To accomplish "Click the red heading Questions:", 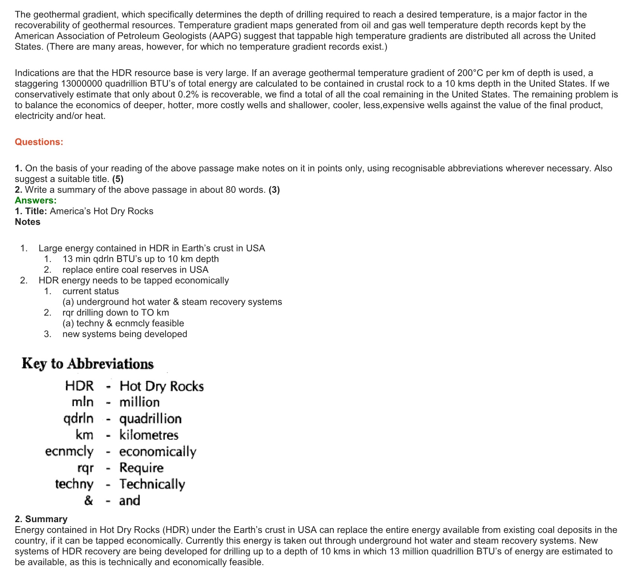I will (x=39, y=142).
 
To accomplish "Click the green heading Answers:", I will (x=35, y=201).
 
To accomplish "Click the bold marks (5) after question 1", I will (x=118, y=179).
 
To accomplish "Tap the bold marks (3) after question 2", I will (x=274, y=190).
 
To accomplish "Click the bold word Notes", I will (x=28, y=222).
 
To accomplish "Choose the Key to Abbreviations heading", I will (x=88, y=364).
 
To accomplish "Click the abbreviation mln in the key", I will (x=82, y=402).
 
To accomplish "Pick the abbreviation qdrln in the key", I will (x=78, y=419).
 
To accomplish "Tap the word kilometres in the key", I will (x=149, y=435).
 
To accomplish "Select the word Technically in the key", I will (x=152, y=484).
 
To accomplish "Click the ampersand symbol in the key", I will (x=88, y=500).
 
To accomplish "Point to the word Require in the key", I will (x=141, y=468).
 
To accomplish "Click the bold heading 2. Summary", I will (x=41, y=519).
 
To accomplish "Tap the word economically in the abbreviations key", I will (x=158, y=452).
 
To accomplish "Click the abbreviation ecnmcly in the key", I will (x=69, y=452).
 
